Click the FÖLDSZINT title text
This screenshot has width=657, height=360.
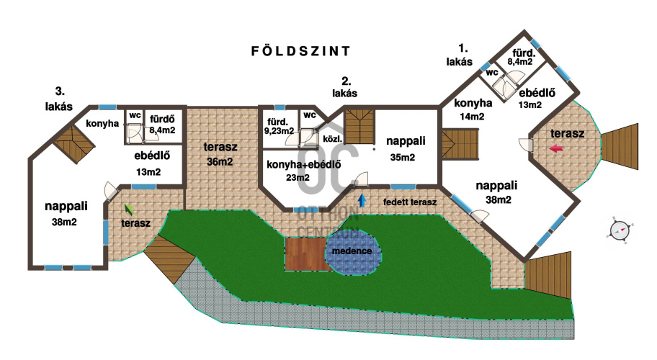[x=300, y=50]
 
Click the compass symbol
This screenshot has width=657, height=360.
[x=620, y=230]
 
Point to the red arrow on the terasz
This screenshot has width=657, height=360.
[x=556, y=148]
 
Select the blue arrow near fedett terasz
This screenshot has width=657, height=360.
[x=362, y=200]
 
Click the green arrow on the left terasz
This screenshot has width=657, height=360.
[x=129, y=209]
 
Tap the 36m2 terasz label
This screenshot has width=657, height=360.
[x=220, y=154]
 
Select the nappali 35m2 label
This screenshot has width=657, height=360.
[x=405, y=148]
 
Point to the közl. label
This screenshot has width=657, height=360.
[x=333, y=138]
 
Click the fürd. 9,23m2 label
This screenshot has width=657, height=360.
[x=279, y=126]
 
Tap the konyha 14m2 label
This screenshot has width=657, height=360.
[x=473, y=109]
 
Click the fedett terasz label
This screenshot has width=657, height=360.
[x=410, y=202]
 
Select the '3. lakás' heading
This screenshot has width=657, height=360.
[x=59, y=99]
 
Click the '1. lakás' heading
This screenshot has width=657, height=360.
[x=460, y=55]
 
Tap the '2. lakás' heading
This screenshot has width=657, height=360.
[x=345, y=87]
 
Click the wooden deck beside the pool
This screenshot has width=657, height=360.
[x=305, y=254]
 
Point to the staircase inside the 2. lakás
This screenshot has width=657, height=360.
[x=359, y=127]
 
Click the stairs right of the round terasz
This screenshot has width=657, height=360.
[x=620, y=146]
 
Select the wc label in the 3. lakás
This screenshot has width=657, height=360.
[x=135, y=115]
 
